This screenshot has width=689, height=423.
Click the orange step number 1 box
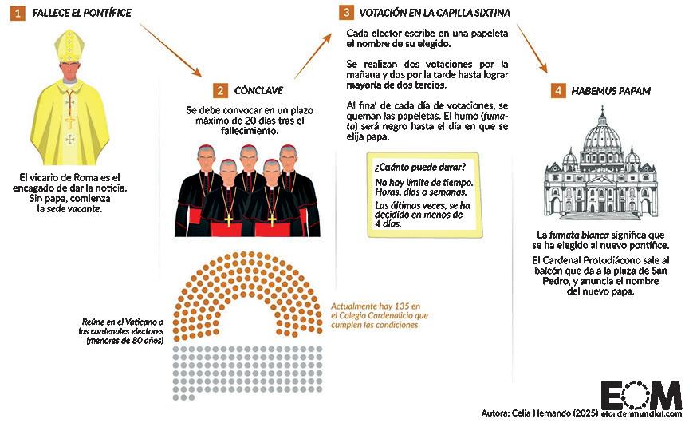[x=17, y=13]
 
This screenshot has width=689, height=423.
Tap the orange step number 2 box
[x=220, y=91]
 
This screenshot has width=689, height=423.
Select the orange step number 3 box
[x=345, y=13]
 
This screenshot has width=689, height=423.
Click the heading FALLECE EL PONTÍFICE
[x=81, y=13]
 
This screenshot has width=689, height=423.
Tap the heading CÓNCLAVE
[x=258, y=91]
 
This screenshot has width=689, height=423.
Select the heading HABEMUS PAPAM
[x=611, y=91]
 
